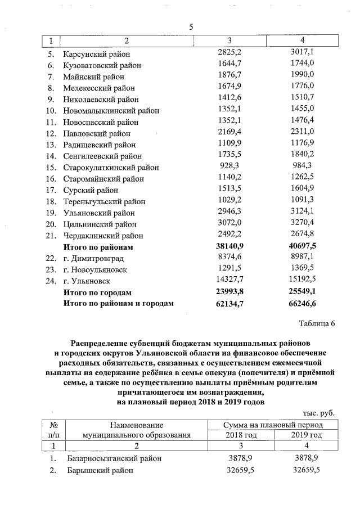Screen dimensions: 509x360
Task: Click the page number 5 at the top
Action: pos(191,27)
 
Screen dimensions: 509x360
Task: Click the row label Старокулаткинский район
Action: pos(111,168)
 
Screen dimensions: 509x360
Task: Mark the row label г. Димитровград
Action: pos(91,259)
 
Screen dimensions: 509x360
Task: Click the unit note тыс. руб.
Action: pos(318,412)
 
